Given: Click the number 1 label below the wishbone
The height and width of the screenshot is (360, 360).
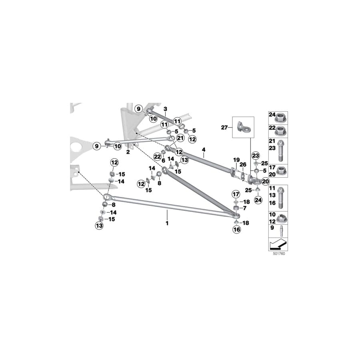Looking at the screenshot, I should (167, 223).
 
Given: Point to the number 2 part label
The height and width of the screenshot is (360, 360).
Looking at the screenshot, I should (128, 152).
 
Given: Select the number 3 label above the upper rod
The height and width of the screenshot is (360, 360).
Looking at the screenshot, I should (164, 109).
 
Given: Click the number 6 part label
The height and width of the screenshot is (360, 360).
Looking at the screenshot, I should (163, 160).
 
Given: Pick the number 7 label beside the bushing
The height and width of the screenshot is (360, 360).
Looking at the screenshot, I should (244, 208).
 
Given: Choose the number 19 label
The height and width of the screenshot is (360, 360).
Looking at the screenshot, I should (236, 160).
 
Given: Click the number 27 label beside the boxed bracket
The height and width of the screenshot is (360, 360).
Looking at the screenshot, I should (224, 127).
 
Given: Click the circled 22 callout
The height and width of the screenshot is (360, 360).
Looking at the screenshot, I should (158, 156).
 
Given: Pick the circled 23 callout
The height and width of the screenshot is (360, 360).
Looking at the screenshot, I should (256, 155).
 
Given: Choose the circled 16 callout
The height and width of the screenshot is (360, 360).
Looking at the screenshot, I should (236, 230).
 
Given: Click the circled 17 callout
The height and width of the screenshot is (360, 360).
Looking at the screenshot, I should (236, 194).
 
